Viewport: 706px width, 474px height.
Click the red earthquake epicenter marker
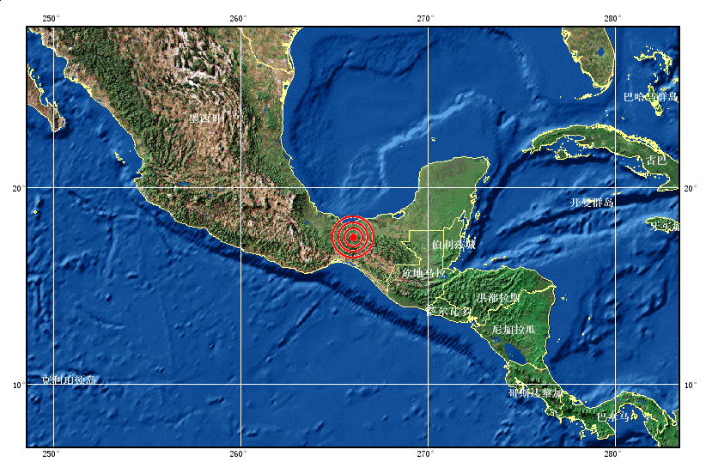click(353, 236)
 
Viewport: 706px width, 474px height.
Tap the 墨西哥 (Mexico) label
click(205, 118)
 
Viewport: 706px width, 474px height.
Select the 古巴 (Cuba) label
click(656, 161)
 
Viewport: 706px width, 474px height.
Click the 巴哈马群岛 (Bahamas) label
click(650, 97)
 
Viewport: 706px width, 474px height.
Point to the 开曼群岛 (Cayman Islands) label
click(592, 203)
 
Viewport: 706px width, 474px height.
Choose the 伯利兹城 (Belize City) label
click(453, 245)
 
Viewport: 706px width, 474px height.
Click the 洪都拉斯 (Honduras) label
click(498, 297)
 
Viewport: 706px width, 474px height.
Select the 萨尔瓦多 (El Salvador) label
click(449, 311)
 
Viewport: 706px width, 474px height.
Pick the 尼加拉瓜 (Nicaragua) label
click(514, 329)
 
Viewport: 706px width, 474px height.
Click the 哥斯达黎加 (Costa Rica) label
click(536, 393)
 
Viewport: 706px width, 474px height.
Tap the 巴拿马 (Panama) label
click(612, 416)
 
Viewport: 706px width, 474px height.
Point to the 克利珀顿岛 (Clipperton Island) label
click(69, 380)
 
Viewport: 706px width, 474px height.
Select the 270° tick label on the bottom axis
click(425, 454)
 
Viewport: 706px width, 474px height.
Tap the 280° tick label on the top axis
click(612, 19)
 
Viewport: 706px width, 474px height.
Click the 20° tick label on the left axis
click(17, 187)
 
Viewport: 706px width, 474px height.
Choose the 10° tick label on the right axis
click(691, 385)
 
